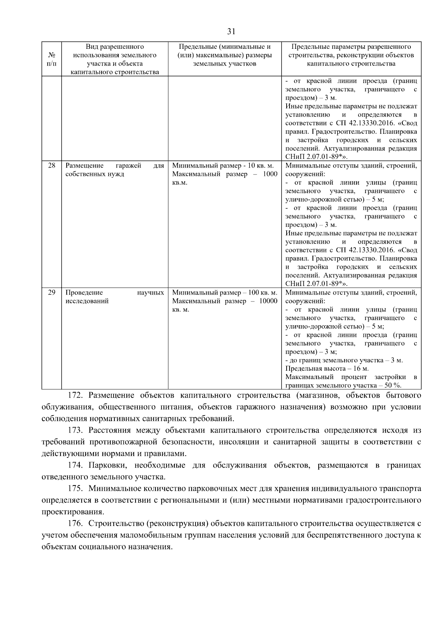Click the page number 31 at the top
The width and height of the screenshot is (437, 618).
231,32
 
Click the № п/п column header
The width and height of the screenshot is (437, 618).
51,59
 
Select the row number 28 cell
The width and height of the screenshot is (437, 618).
51,166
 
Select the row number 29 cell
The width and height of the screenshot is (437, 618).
51,292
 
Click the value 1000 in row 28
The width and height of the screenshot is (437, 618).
270,174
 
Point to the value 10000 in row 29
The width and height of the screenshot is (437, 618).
268,301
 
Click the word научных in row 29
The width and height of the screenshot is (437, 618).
151,292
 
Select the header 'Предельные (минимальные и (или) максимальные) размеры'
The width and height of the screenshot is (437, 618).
225,55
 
